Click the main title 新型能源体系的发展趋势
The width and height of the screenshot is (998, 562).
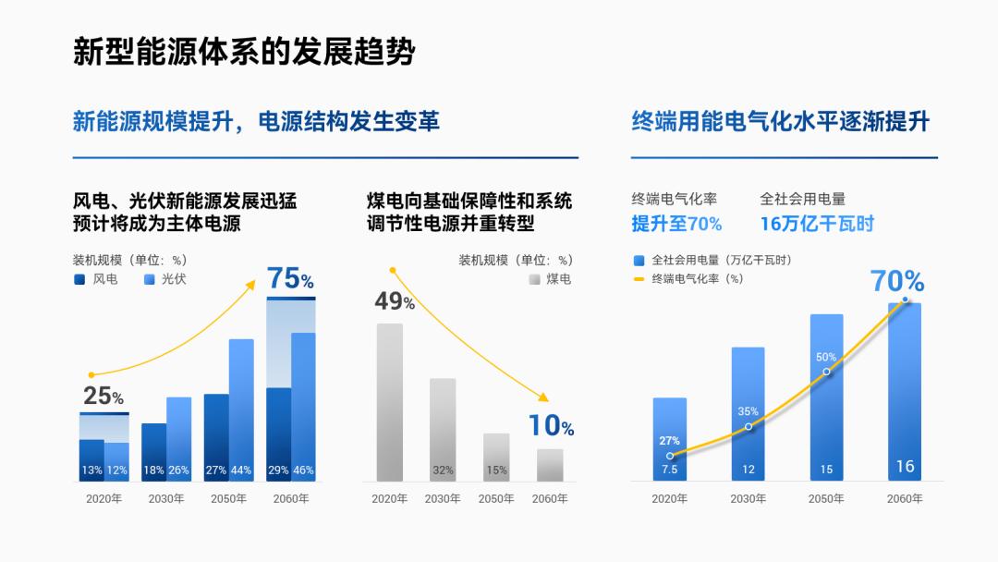pyautogui.click(x=244, y=52)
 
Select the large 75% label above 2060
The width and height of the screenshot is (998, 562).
pyautogui.click(x=290, y=278)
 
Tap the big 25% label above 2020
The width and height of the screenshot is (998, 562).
pyautogui.click(x=103, y=397)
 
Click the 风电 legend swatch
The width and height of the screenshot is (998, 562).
pyautogui.click(x=79, y=278)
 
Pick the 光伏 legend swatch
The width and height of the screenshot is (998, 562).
pyautogui.click(x=150, y=278)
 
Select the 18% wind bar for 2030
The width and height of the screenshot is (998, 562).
pyautogui.click(x=153, y=452)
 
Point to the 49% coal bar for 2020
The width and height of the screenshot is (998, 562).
pyautogui.click(x=389, y=402)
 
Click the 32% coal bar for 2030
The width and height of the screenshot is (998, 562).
pyautogui.click(x=443, y=430)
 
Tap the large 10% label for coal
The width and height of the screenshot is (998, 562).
pyautogui.click(x=551, y=426)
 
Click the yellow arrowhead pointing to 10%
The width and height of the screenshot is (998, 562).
pyautogui.click(x=543, y=397)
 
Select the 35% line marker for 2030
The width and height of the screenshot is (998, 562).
pyautogui.click(x=748, y=427)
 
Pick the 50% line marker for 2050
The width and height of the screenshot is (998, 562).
pyautogui.click(x=826, y=372)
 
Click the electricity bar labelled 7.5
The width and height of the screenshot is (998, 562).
pyautogui.click(x=669, y=439)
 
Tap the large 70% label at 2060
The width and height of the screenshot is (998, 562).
pyautogui.click(x=897, y=281)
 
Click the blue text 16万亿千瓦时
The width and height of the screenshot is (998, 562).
pyautogui.click(x=817, y=224)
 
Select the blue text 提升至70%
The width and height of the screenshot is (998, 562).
pyautogui.click(x=676, y=224)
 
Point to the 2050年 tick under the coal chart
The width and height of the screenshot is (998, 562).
pyautogui.click(x=496, y=498)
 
